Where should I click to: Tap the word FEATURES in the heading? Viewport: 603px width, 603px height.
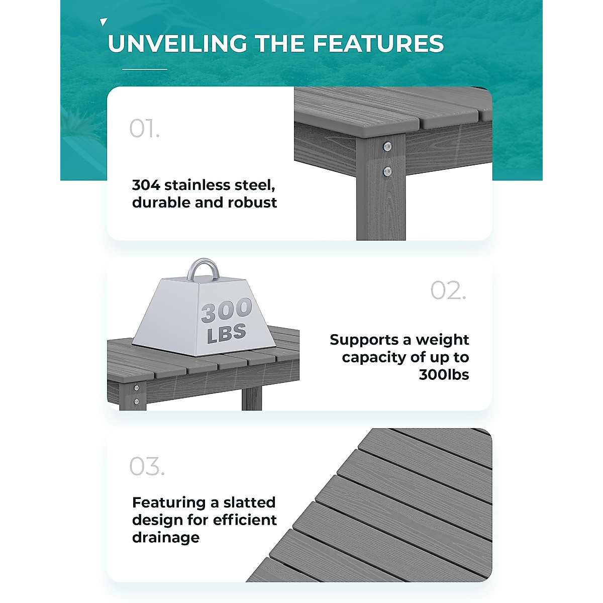pos(378,44)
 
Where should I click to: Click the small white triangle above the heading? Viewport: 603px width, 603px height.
pos(104,22)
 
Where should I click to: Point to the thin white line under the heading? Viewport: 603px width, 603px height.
pos(145,69)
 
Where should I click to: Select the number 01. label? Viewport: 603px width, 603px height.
pos(144,129)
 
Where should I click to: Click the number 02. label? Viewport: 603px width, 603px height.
pos(448,291)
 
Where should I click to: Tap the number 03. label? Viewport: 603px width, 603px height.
pos(147,466)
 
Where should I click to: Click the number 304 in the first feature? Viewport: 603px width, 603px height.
pos(146,185)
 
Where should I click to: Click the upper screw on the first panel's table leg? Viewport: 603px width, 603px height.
pos(386,146)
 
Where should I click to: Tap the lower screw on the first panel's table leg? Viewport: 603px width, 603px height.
pos(386,171)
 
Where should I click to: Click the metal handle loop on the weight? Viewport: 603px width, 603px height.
pos(203,270)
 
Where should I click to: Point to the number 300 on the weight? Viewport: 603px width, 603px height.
pos(226,311)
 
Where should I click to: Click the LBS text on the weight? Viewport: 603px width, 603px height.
pos(226,333)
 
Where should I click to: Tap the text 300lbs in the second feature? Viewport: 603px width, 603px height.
pos(444,375)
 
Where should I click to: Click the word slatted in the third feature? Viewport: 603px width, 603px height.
pos(249,502)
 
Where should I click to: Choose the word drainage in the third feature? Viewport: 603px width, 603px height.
pos(166,538)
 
